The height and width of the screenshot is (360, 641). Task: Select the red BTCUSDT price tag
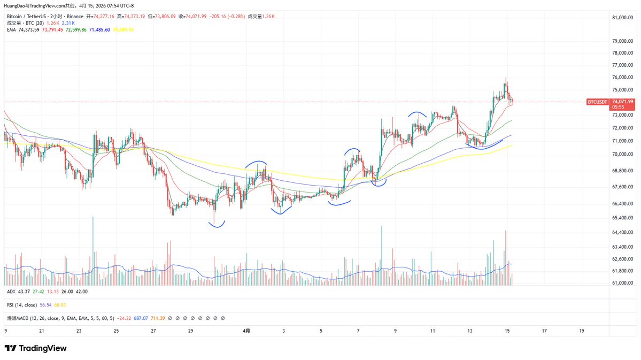[597, 102]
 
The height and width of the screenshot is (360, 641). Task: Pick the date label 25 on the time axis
[116, 331]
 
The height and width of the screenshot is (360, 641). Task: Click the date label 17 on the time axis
[544, 331]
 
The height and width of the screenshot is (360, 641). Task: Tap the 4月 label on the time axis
[246, 331]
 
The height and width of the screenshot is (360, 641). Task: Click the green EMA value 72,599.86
[76, 30]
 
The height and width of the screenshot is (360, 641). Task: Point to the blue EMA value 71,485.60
[99, 30]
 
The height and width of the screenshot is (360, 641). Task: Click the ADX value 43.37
[24, 292]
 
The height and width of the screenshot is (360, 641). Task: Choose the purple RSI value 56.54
[45, 305]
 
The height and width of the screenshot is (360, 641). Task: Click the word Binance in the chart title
[75, 17]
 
